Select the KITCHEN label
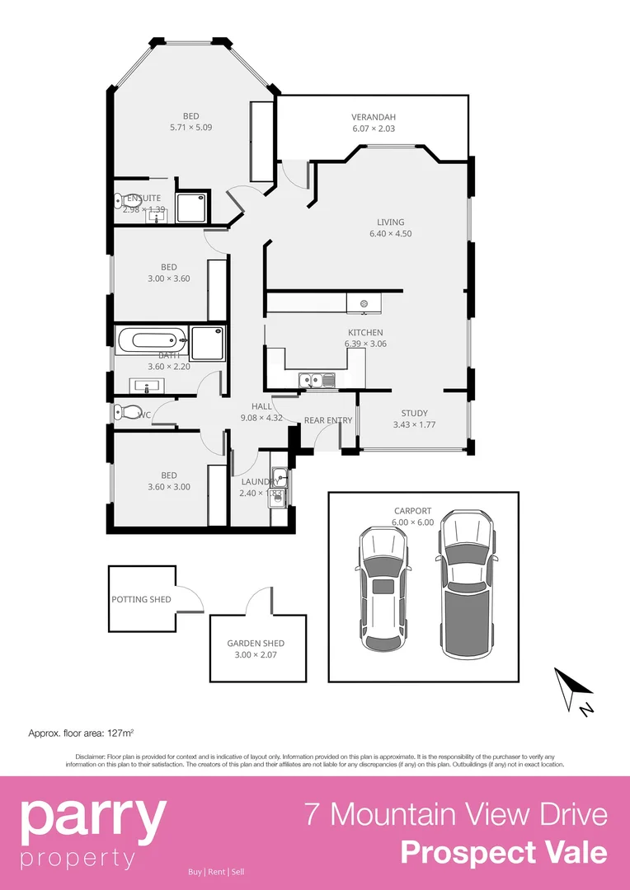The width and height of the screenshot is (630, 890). click(x=364, y=332)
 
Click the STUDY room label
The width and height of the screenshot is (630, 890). click(x=415, y=414)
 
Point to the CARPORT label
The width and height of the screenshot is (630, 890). click(x=412, y=511)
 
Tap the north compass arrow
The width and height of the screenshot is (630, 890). click(x=574, y=687)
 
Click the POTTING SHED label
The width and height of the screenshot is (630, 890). click(x=142, y=599)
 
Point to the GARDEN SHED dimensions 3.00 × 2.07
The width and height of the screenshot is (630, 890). click(x=256, y=655)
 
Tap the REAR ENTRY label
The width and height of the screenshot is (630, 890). click(x=328, y=420)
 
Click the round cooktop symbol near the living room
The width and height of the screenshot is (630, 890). click(x=364, y=304)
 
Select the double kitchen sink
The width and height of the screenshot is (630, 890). click(x=311, y=381)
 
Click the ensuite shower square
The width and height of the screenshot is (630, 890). click(x=194, y=208)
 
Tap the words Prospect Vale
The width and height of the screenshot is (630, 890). click(x=504, y=852)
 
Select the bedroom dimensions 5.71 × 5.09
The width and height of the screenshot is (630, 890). click(x=190, y=128)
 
